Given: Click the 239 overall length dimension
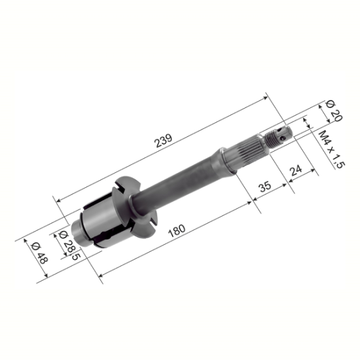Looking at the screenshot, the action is point(164,141).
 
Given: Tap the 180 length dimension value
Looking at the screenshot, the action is point(177,231).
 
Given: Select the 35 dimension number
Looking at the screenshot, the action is point(265,187).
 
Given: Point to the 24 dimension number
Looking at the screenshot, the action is point(296,170).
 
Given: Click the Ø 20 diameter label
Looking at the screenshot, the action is point(334,111).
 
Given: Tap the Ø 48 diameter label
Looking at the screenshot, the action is point(39,253).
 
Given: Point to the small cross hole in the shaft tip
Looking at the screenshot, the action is point(283,138).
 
